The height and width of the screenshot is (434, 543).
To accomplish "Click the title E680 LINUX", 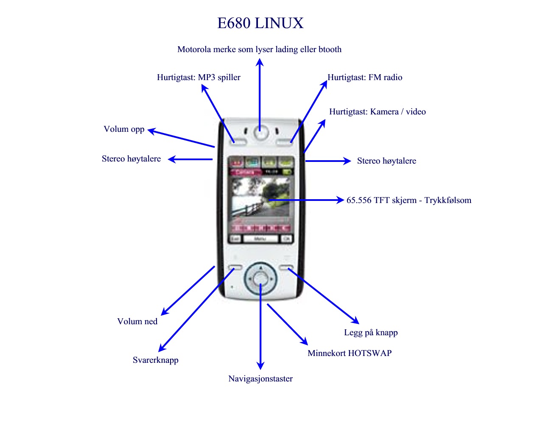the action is [260, 23].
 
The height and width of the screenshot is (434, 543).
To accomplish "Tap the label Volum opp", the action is [124, 129].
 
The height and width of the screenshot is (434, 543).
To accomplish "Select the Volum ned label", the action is [137, 321].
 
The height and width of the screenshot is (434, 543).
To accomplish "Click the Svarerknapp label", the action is [155, 360].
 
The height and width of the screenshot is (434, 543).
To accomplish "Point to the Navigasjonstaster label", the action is [260, 379].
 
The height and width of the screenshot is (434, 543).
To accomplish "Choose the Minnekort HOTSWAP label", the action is [350, 353].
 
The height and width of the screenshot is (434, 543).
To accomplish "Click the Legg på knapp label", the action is [371, 333].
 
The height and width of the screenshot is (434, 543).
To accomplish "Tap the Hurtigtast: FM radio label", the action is [365, 77].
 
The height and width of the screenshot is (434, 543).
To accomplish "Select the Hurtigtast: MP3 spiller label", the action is [199, 77].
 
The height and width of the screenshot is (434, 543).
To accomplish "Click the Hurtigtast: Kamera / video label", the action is [378, 111].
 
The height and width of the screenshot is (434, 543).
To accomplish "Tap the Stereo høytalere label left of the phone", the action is [131, 159].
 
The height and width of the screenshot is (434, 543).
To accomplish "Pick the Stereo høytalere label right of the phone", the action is [386, 161].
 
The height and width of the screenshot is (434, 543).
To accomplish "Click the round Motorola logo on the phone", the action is [260, 132].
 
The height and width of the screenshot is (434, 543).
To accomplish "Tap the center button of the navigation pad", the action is [260, 278].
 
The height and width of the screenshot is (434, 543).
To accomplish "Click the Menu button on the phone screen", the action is [260, 238].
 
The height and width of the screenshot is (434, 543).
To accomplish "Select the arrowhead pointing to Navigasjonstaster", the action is [260, 365].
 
